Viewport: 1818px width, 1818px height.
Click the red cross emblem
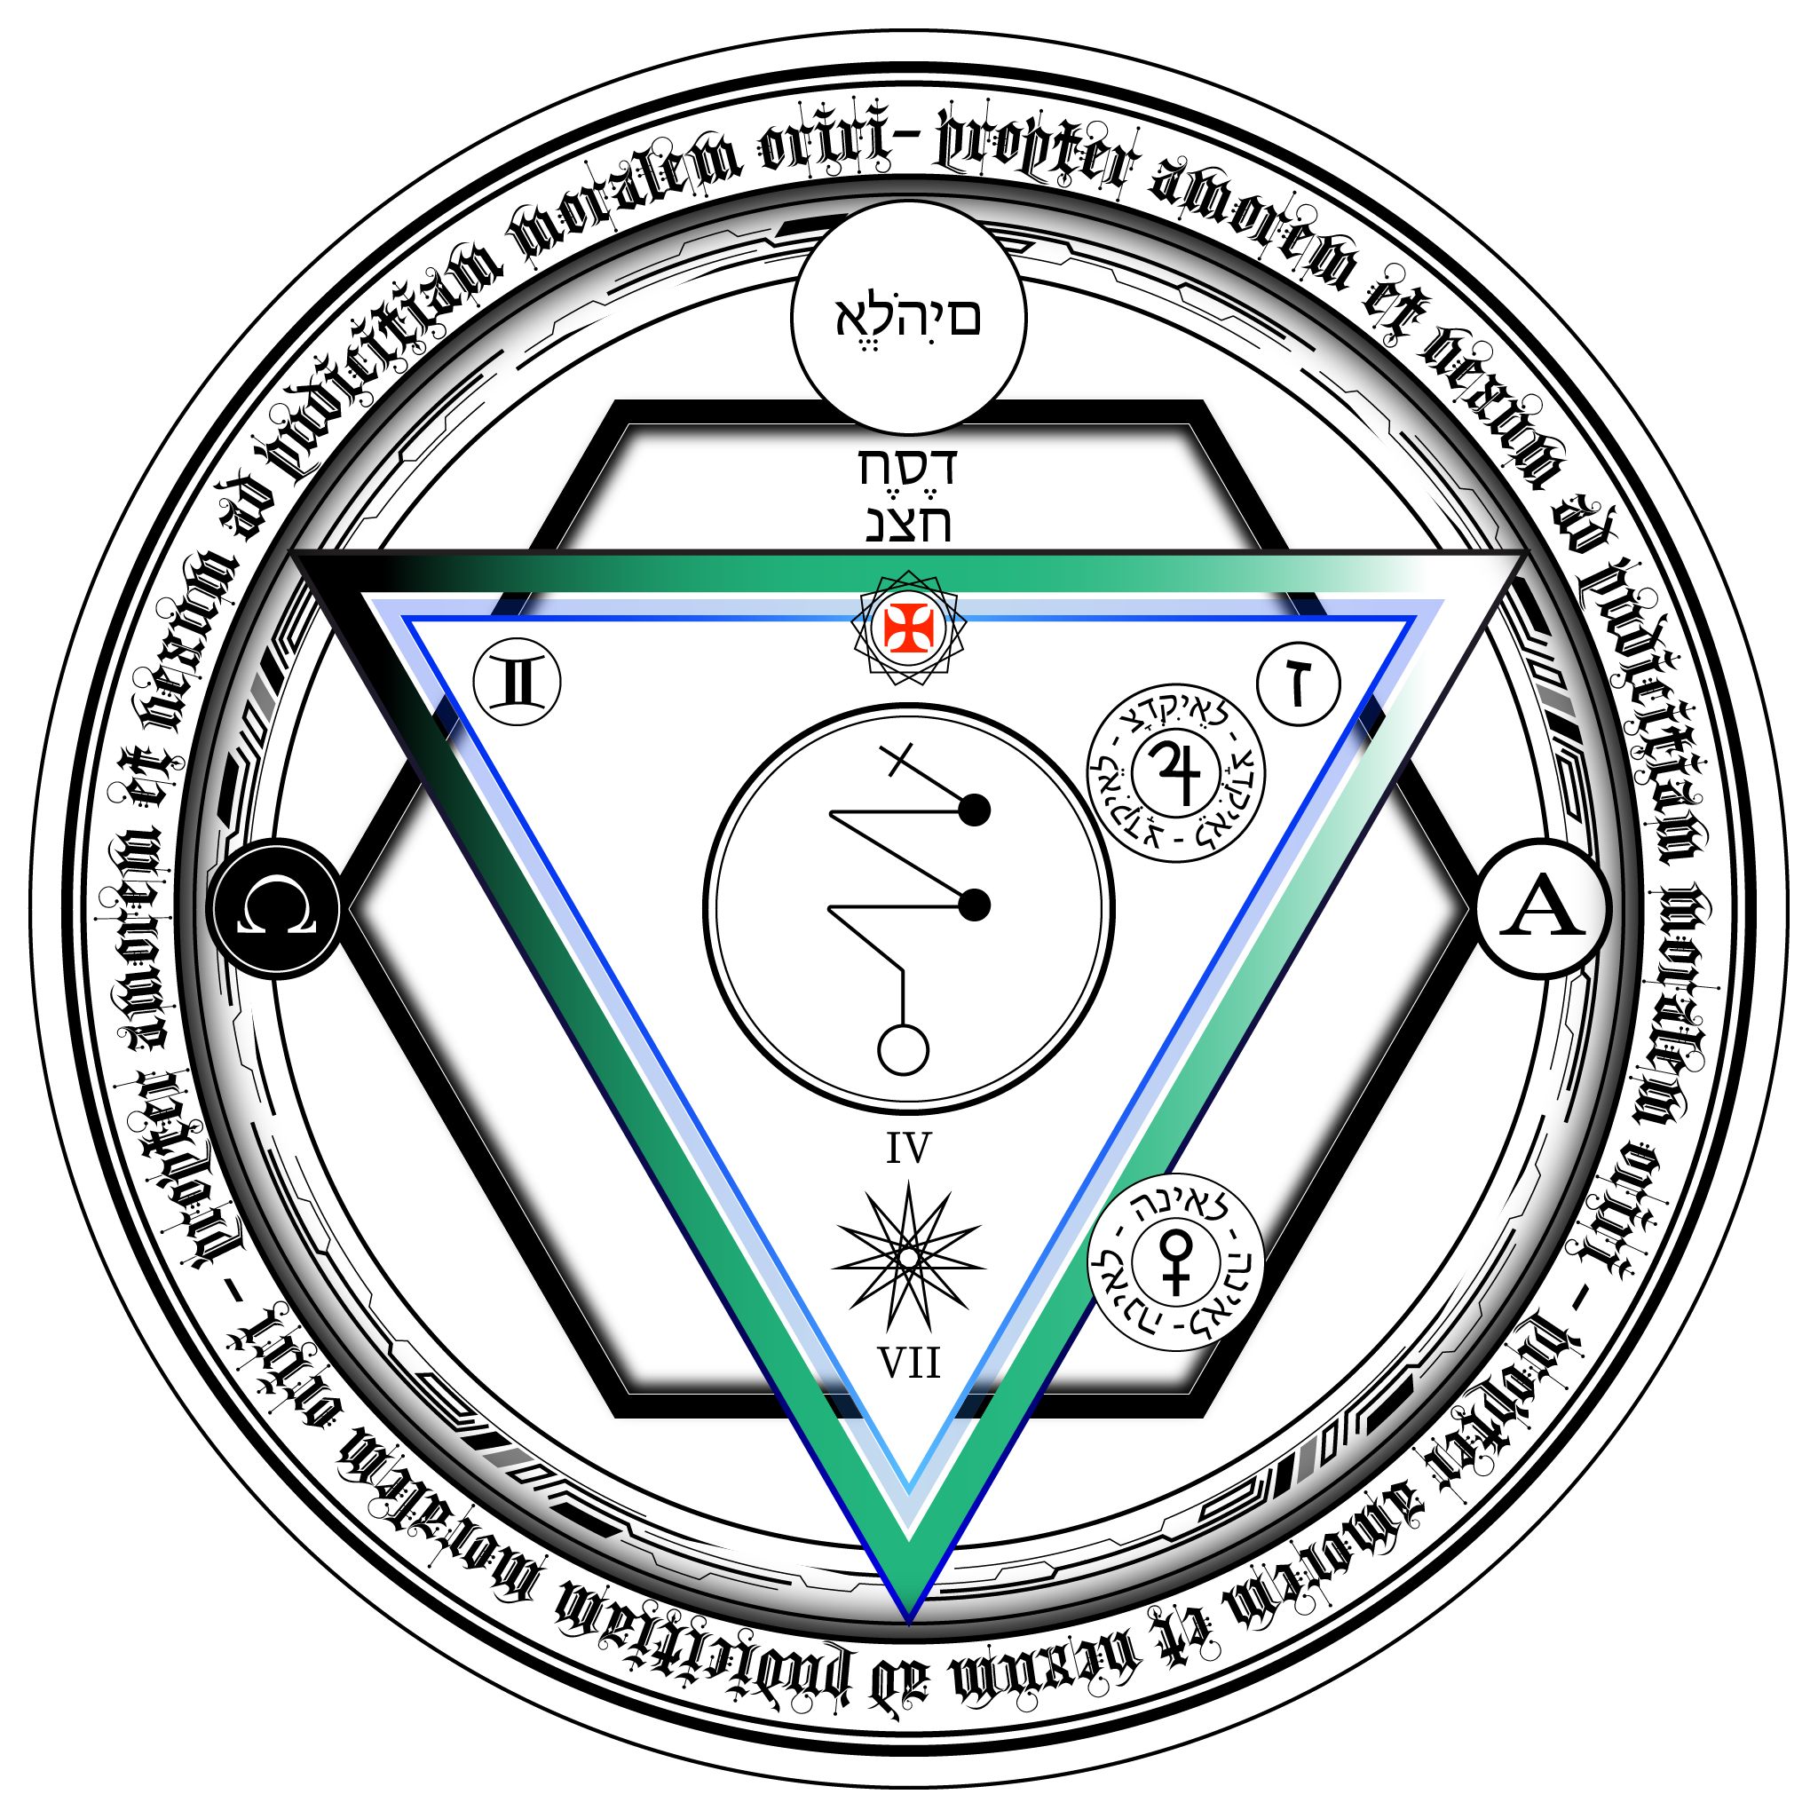tap(908, 628)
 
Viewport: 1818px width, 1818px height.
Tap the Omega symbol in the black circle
tap(277, 909)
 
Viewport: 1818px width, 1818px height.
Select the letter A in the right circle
tap(1541, 909)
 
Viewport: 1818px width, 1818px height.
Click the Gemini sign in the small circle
tap(517, 683)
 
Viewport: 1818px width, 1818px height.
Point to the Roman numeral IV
tap(908, 1149)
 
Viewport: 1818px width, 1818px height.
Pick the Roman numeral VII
tap(908, 1363)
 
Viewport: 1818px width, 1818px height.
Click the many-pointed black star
tap(908, 1257)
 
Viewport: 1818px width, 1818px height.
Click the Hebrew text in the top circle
tap(908, 318)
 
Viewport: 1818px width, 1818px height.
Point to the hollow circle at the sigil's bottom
tap(904, 1050)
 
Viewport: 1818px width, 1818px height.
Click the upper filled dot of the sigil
tap(975, 810)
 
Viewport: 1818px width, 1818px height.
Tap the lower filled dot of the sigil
tap(975, 905)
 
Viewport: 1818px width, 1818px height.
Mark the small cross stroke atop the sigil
tap(896, 758)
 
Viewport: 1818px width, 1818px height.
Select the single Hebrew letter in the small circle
tap(1299, 684)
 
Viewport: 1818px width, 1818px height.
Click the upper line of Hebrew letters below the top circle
tap(908, 468)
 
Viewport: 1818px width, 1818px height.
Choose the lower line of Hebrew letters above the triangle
tap(908, 523)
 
